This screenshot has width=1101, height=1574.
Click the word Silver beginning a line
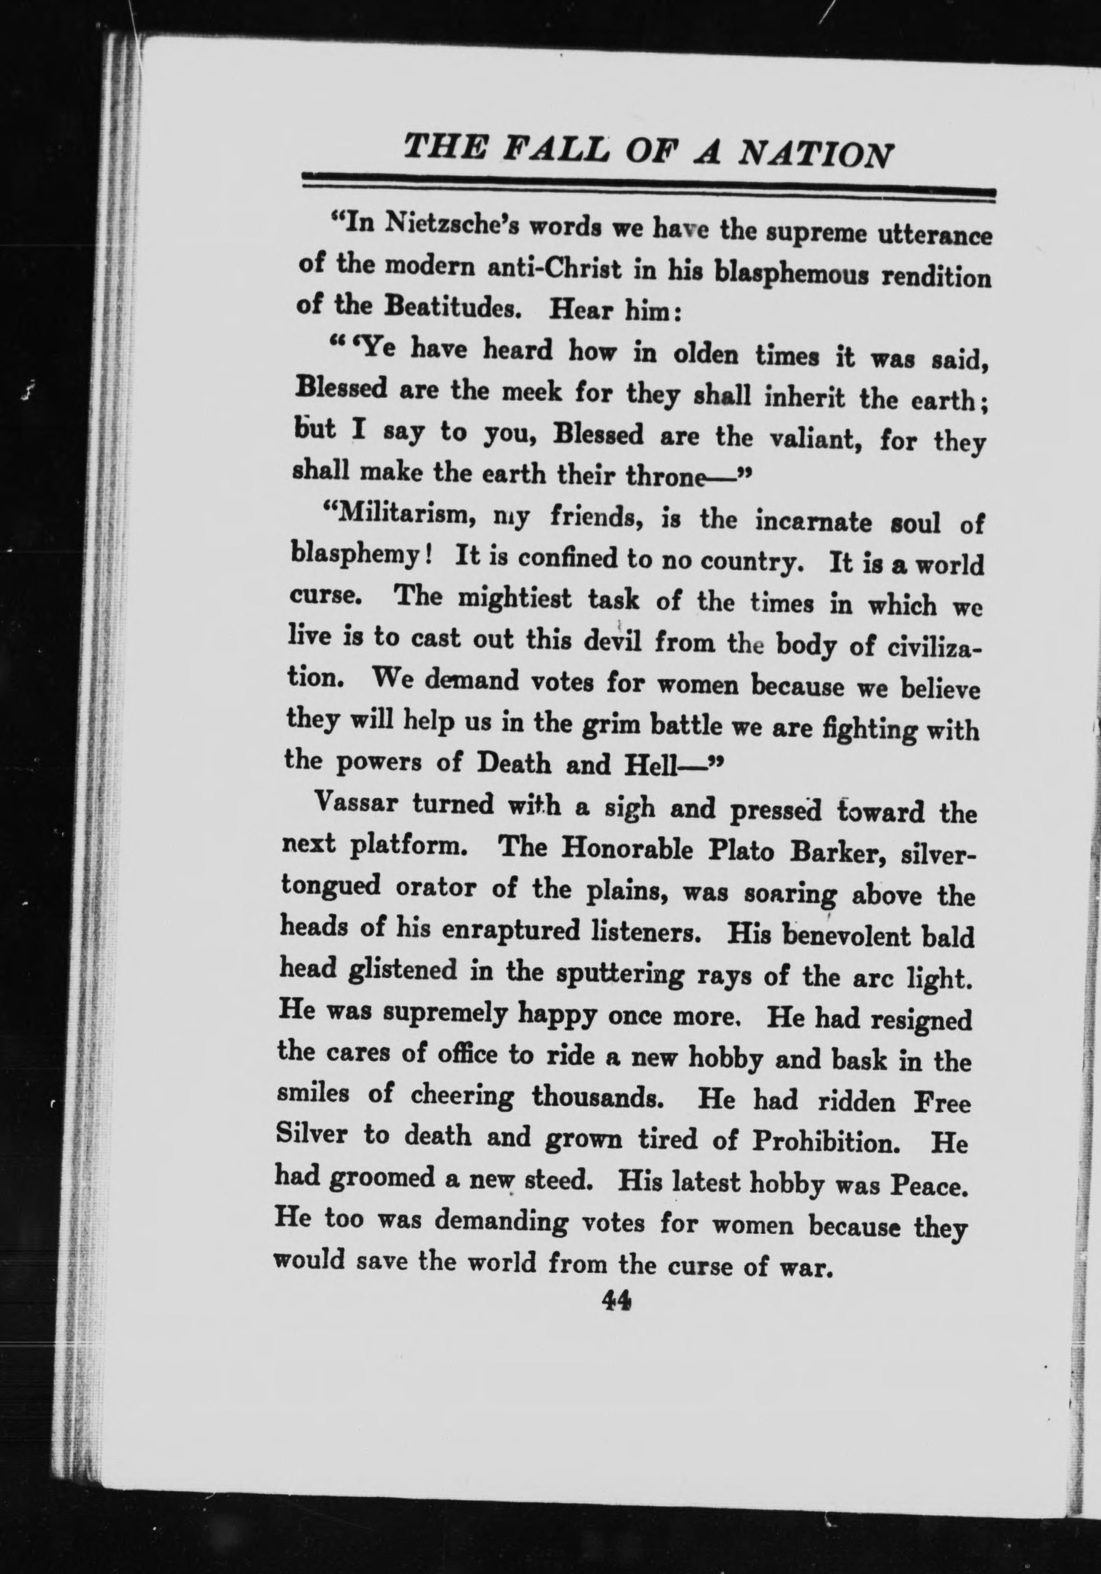tap(308, 1133)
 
